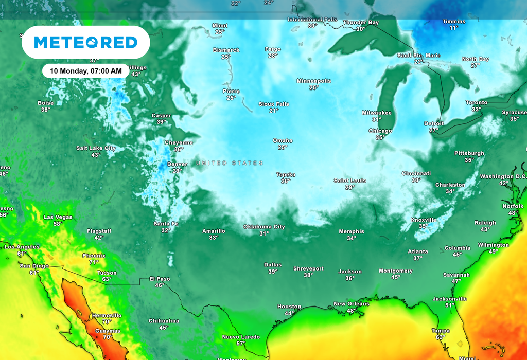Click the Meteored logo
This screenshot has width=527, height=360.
(x=85, y=42)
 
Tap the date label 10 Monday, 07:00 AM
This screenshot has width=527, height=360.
(x=86, y=70)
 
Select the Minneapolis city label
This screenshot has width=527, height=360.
(x=313, y=81)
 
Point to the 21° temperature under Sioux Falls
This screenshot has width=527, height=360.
(x=274, y=111)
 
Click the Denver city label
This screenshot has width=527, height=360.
(x=177, y=165)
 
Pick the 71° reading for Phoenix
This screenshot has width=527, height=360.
(x=94, y=262)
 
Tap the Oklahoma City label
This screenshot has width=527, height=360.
(x=263, y=227)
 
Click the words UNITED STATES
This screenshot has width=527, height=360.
(x=230, y=163)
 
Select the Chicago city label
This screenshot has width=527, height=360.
(x=380, y=131)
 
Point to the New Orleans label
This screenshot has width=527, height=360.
(x=351, y=304)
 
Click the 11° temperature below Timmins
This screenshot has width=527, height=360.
(x=453, y=28)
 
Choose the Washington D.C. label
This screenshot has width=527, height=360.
(x=503, y=176)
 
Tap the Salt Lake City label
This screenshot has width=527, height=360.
(x=96, y=148)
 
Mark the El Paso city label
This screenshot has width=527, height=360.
(x=160, y=279)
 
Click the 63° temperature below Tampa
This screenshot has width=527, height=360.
(x=440, y=337)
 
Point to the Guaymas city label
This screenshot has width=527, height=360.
(x=107, y=331)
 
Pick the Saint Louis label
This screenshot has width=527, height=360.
(x=349, y=181)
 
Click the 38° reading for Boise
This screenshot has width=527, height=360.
(x=46, y=110)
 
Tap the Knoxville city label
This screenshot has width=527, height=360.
(x=423, y=220)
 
